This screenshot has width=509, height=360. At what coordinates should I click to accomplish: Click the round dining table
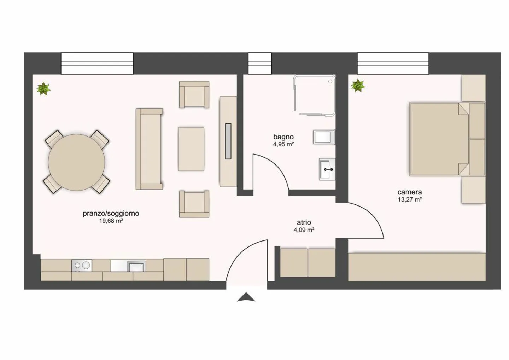tap(76, 162)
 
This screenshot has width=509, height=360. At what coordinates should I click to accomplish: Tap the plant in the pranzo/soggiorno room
tap(43, 89)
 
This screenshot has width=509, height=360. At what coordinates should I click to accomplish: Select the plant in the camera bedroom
tap(358, 86)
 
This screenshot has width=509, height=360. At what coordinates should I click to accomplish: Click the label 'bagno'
tap(283, 137)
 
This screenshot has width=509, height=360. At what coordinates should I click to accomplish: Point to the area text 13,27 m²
tap(410, 199)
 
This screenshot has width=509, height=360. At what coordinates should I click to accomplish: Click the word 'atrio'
tap(304, 222)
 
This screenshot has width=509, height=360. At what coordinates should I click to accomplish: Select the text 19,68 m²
tap(111, 221)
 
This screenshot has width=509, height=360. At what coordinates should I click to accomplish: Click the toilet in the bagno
tap(323, 137)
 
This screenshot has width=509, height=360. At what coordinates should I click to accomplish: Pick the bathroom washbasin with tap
tap(327, 169)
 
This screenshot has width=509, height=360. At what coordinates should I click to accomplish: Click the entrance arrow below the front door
tap(246, 297)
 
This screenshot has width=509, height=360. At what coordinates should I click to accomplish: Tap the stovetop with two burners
tap(82, 266)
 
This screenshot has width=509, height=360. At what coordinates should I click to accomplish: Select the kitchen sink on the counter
tap(136, 266)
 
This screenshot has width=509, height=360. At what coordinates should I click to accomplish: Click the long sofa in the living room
tap(149, 149)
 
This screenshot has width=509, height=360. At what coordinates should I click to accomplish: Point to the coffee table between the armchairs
tap(191, 149)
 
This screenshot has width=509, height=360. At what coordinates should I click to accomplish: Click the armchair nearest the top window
tap(194, 94)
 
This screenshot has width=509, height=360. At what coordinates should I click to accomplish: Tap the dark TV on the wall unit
tap(228, 141)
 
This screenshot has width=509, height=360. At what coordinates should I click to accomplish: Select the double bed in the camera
tap(438, 139)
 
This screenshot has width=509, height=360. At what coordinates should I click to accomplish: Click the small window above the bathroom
tap(260, 63)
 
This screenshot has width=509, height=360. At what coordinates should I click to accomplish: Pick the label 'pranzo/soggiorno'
tap(111, 214)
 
